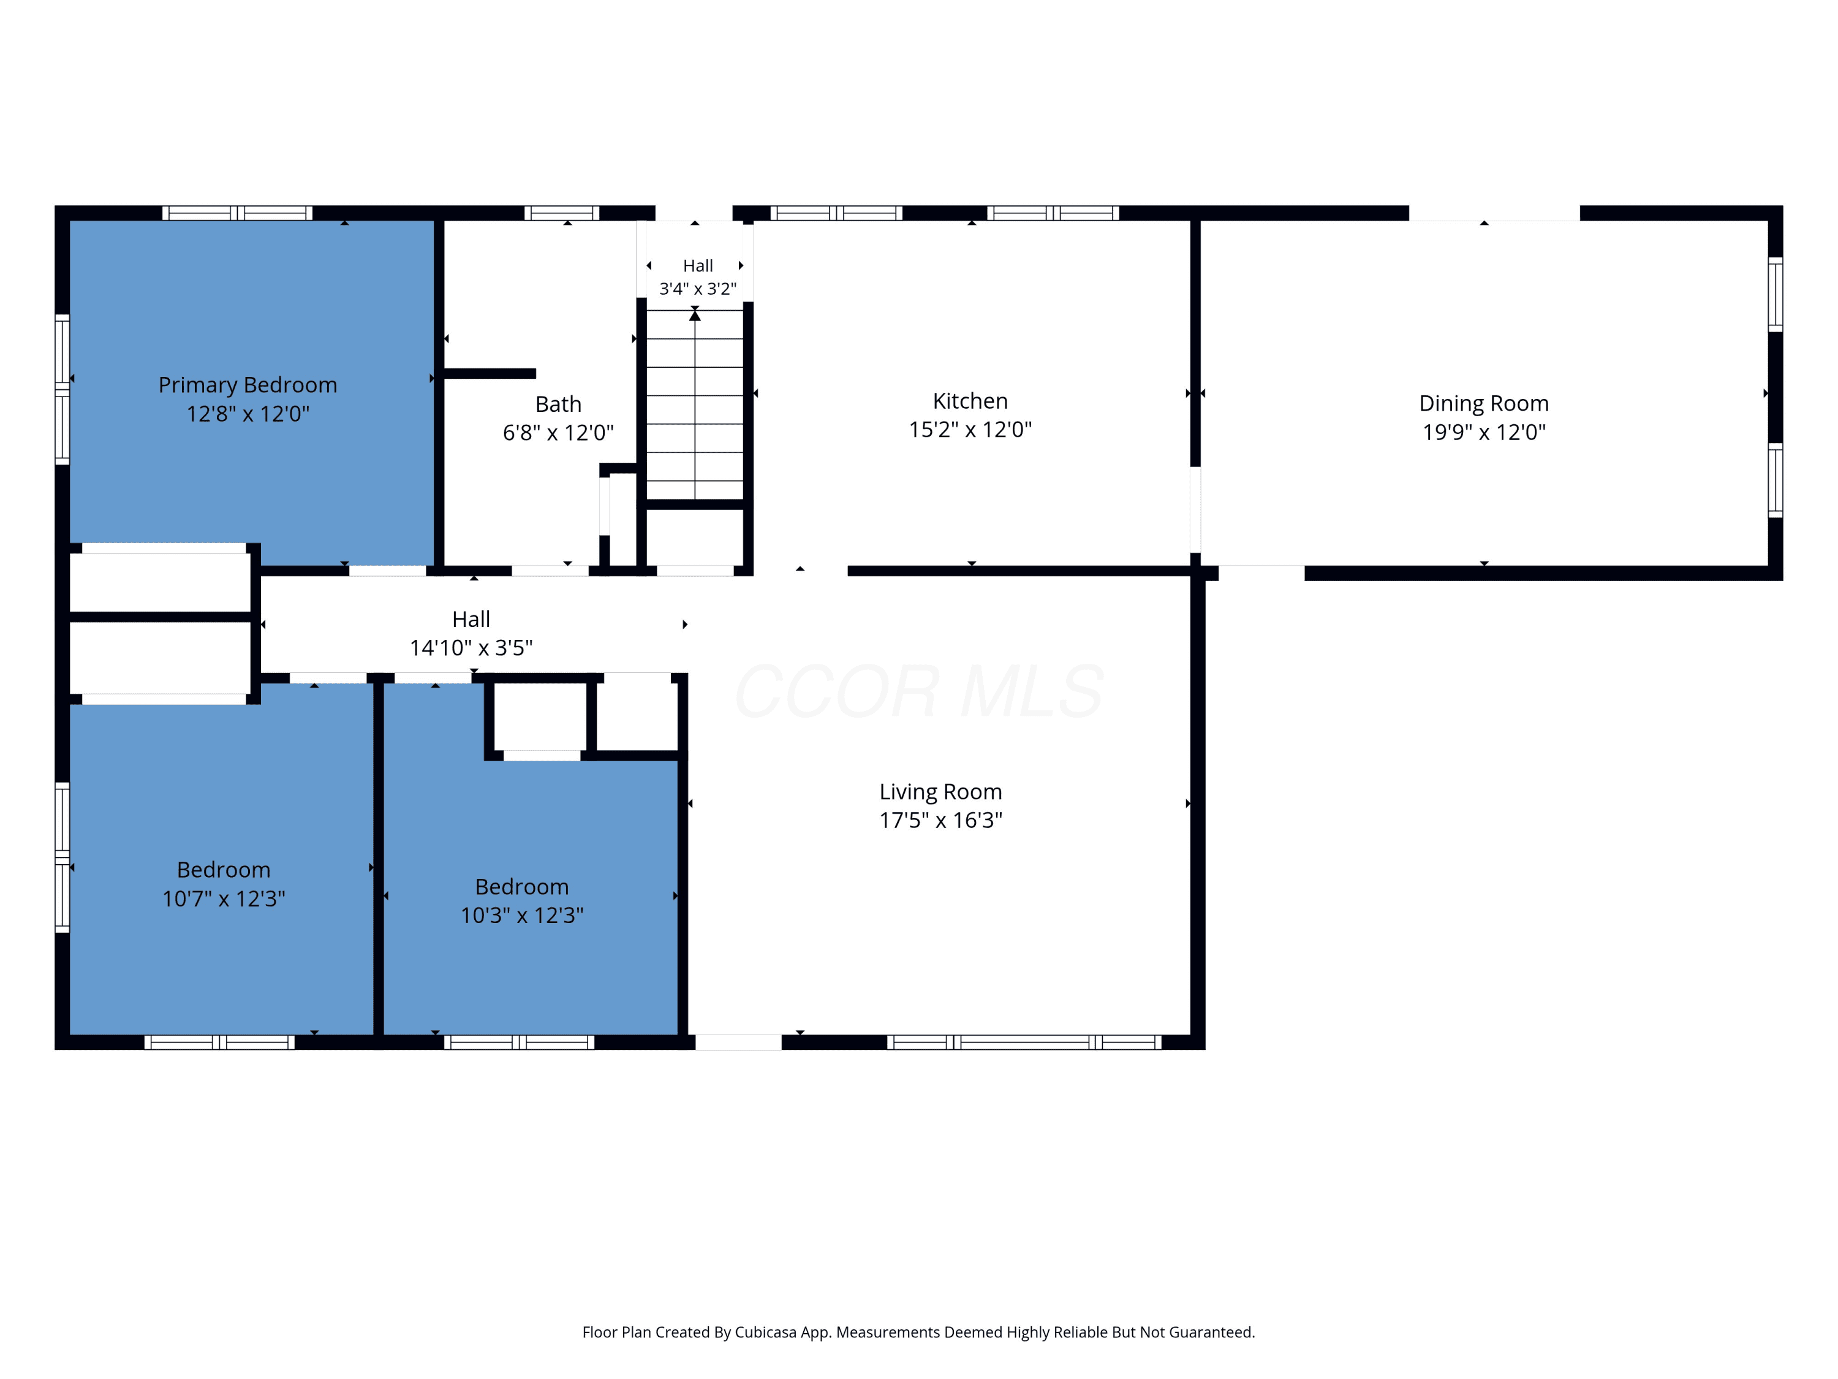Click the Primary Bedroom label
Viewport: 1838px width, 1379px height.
click(x=248, y=385)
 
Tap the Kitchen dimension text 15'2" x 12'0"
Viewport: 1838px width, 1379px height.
click(x=970, y=429)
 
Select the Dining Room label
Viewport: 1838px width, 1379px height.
click(x=1484, y=403)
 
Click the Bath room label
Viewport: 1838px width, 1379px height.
click(x=558, y=404)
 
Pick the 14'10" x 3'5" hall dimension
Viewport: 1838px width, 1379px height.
click(x=471, y=648)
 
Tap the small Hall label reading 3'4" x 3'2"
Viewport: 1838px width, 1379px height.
click(x=698, y=289)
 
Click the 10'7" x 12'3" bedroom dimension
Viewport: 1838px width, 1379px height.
click(x=224, y=898)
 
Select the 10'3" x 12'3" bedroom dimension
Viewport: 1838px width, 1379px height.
click(x=522, y=915)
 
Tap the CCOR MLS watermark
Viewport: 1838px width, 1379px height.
click(x=919, y=691)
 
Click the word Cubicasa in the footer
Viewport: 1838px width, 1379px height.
click(x=766, y=1332)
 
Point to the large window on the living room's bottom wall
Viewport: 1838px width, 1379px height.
click(x=1024, y=1043)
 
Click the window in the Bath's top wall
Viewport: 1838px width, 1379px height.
click(x=562, y=213)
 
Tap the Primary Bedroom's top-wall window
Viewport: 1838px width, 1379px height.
click(x=237, y=213)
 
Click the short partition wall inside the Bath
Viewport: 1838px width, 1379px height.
click(x=490, y=373)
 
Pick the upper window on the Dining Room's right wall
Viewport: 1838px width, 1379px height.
click(x=1775, y=294)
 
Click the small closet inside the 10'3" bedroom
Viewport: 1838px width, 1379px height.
click(x=541, y=716)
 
